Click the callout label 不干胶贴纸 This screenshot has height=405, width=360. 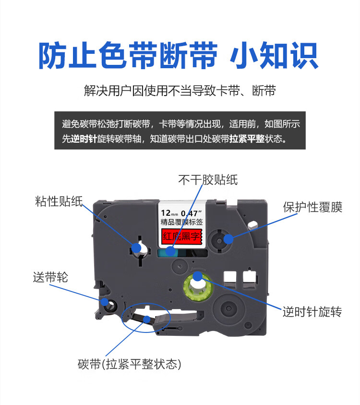coord(207,180)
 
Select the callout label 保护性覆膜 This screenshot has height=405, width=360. coord(312,208)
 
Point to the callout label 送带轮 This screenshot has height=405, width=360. coord(50,277)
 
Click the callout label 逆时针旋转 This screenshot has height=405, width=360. coord(312,312)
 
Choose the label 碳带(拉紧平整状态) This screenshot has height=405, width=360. coord(129,364)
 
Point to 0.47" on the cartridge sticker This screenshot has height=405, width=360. coord(192,212)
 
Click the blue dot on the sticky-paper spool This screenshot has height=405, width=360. coord(136,247)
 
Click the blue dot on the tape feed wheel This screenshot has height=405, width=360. coord(105,302)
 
